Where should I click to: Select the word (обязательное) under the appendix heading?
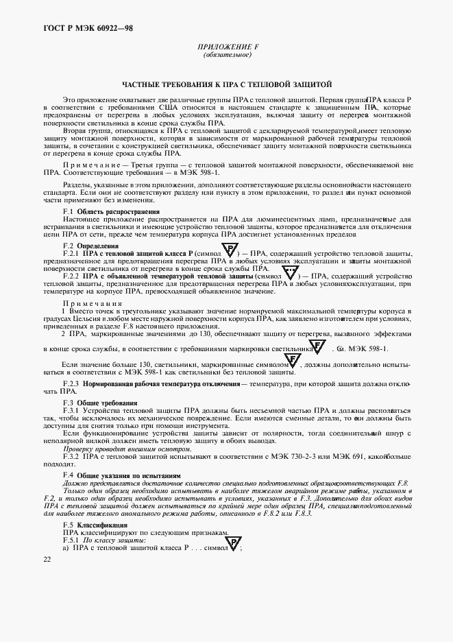pos(227,56)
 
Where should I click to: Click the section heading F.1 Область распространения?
pos(111,212)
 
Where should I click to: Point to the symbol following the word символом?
pos(292,361)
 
